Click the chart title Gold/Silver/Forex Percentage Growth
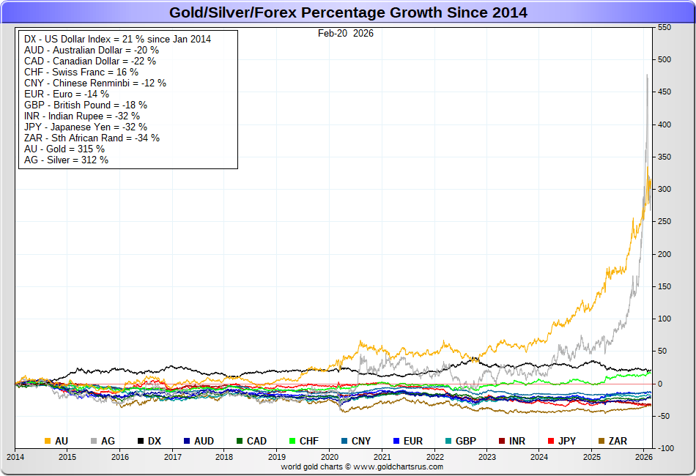pyautogui.click(x=348, y=12)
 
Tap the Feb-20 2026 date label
pyautogui.click(x=345, y=33)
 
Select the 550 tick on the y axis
pyautogui.click(x=664, y=27)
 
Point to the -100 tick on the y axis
pyautogui.click(x=665, y=448)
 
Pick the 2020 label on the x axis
pyautogui.click(x=330, y=456)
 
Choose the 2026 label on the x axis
pyautogui.click(x=644, y=456)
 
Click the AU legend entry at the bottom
pyautogui.click(x=57, y=441)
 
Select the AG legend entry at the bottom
pyautogui.click(x=103, y=441)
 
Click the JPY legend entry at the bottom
pyautogui.click(x=561, y=441)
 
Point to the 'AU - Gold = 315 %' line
pyautogui.click(x=64, y=149)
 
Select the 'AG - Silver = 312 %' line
pyautogui.click(x=66, y=160)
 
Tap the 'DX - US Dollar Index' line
pyautogui.click(x=117, y=39)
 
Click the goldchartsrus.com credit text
pyautogui.click(x=362, y=466)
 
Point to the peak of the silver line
pyautogui.click(x=647, y=75)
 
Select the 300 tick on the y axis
pyautogui.click(x=664, y=189)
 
